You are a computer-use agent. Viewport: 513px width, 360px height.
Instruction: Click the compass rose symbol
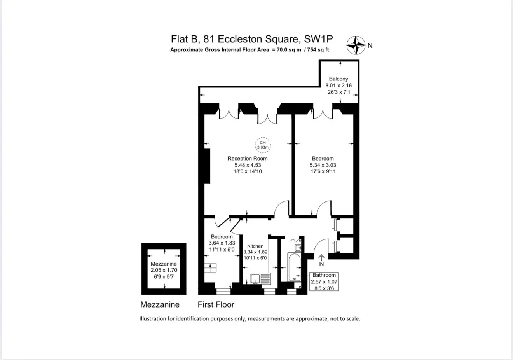[356, 45]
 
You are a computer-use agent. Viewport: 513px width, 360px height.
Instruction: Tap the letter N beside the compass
[370, 45]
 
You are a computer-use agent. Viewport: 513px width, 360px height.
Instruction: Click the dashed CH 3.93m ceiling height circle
[263, 145]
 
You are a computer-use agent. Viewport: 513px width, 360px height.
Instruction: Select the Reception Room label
[248, 158]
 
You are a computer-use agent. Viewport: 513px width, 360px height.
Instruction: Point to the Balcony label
[339, 79]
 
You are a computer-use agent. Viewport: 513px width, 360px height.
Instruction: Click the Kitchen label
[255, 246]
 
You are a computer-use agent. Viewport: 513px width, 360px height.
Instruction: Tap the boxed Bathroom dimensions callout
[324, 281]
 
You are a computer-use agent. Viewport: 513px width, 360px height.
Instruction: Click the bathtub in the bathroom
[294, 267]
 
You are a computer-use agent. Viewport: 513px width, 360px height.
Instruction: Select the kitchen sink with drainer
[260, 278]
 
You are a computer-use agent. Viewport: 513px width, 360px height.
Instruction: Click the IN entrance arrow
[321, 258]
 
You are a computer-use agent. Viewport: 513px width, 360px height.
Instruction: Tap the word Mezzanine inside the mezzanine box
[164, 264]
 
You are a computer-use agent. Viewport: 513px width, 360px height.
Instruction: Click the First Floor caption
[216, 304]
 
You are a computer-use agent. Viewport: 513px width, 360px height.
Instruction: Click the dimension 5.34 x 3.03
[323, 165]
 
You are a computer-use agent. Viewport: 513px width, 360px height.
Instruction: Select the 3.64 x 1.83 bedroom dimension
[222, 243]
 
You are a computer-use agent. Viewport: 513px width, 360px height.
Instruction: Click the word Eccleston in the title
[240, 39]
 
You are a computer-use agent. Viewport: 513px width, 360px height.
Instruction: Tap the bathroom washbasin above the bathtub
[298, 248]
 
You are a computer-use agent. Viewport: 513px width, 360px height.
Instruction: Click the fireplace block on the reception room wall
[207, 166]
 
